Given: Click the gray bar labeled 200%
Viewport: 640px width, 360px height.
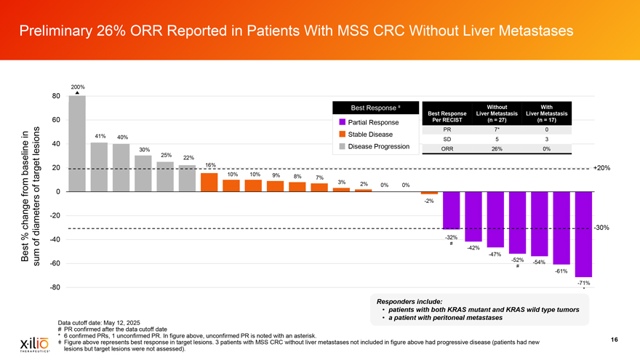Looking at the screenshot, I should click(x=78, y=143).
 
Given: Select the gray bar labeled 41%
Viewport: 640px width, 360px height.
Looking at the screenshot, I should click(x=100, y=167).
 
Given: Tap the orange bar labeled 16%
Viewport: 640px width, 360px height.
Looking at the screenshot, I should click(x=209, y=182).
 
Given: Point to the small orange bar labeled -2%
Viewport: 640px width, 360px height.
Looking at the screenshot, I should click(x=429, y=193).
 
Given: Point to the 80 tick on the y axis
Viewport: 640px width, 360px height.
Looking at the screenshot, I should click(x=56, y=96).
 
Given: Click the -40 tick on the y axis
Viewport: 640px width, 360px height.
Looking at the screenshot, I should click(x=55, y=239).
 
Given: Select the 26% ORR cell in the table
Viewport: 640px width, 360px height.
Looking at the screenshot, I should click(x=497, y=150).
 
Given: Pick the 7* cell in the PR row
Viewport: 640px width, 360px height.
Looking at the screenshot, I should click(x=497, y=129).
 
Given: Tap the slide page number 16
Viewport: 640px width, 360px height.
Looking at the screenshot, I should click(x=615, y=337).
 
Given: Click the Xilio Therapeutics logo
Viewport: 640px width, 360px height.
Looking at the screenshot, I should click(x=29, y=343).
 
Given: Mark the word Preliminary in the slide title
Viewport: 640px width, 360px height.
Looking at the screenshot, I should click(x=60, y=31).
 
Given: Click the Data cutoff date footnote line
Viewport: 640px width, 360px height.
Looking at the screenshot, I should click(x=103, y=322).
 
